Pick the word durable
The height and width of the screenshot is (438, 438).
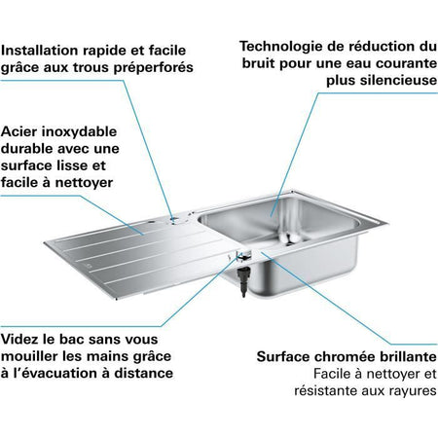[30, 148]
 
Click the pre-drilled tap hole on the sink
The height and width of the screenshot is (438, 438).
[174, 220]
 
